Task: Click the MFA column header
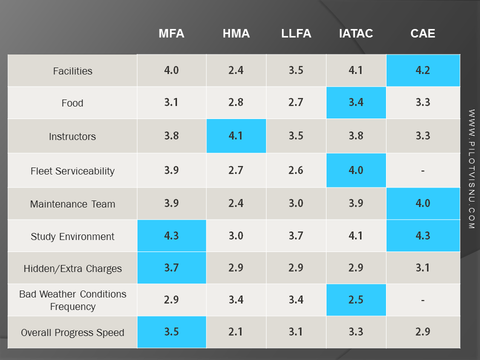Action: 171,33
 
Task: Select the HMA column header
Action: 236,33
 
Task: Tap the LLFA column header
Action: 296,33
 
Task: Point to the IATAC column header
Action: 355,33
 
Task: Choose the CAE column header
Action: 423,33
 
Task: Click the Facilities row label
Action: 72,71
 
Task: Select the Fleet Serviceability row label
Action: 72,171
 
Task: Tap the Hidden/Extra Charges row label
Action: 72,268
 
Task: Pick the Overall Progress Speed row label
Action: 72,332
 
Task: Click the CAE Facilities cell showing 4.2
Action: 423,70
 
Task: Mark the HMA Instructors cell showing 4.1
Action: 236,135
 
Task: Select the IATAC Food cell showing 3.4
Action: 355,102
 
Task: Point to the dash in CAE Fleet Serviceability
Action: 423,170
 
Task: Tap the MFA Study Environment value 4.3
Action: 171,235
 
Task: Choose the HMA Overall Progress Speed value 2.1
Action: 236,331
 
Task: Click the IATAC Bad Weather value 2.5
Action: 355,299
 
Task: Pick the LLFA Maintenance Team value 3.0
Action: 296,203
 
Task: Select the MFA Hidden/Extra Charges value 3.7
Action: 171,267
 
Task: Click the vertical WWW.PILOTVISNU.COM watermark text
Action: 471,169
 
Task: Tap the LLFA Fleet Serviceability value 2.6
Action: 296,170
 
